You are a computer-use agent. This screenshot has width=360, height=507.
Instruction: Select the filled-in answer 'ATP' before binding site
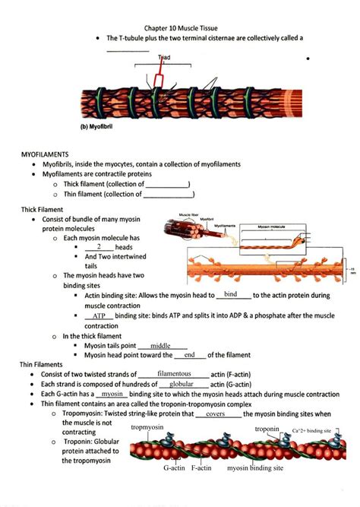pos(99,315)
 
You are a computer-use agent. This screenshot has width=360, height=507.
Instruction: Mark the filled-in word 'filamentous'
pos(173,374)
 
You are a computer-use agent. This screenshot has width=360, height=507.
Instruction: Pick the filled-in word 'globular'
pos(174,385)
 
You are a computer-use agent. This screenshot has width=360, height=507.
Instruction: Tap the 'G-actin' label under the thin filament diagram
pos(174,468)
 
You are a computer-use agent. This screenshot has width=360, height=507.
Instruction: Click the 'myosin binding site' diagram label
pos(255,468)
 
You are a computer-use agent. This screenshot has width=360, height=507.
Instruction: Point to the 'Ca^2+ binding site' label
pos(311,431)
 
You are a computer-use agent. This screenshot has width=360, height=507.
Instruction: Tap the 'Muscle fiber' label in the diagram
pos(189,215)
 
